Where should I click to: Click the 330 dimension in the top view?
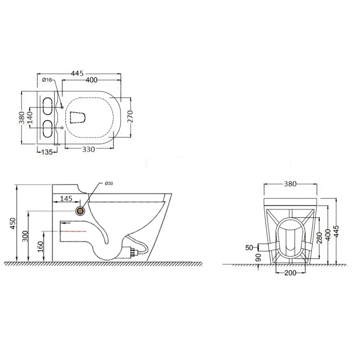tap(88, 149)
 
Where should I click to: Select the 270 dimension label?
tap(130, 117)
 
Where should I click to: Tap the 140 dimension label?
tap(30, 117)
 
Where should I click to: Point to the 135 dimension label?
tap(47, 152)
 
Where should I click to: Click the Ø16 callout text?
tap(47, 80)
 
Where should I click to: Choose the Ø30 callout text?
tap(108, 184)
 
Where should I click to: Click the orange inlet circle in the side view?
tap(81, 211)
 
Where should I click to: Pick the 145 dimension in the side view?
tap(66, 198)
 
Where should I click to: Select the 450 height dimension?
tap(13, 223)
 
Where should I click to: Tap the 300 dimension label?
tap(25, 236)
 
